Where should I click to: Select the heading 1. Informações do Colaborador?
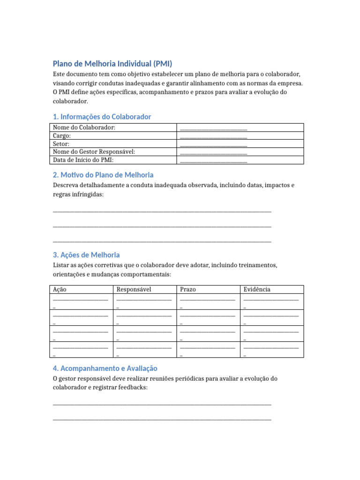(102, 117)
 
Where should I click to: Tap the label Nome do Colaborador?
(84, 127)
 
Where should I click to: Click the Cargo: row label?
(62, 136)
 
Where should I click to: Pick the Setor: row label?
(61, 144)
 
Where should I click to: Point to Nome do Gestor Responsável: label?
(94, 152)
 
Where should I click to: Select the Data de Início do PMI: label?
(83, 160)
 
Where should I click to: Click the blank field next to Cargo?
(213, 136)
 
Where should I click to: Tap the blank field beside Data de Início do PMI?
(213, 161)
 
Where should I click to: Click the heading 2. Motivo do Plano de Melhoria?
(103, 175)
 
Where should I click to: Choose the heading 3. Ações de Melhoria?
(86, 255)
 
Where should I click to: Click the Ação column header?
(60, 290)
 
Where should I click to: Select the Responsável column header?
(134, 290)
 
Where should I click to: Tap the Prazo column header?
(188, 290)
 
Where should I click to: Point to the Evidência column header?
(257, 290)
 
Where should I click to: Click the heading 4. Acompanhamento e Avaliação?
(105, 368)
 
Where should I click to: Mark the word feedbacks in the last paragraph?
(133, 388)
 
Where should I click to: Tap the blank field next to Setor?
(213, 144)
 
